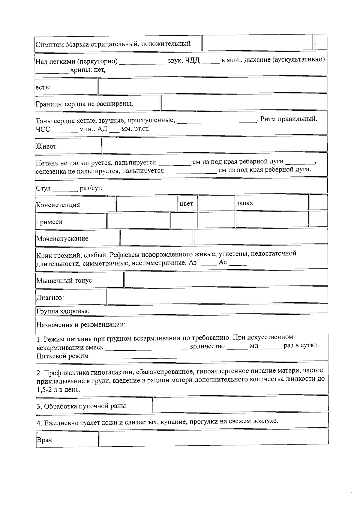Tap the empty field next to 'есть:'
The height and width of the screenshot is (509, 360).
[212, 85]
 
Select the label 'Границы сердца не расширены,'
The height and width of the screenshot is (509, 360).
[84, 104]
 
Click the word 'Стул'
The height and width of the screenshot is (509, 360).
[43, 189]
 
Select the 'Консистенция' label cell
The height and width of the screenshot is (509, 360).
[58, 205]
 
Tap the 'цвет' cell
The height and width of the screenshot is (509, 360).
[186, 204]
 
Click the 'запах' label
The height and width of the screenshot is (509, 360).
[244, 203]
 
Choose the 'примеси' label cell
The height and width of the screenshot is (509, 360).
[49, 222]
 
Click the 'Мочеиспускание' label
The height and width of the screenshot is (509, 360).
[62, 239]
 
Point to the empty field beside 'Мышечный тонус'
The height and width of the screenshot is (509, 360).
[226, 279]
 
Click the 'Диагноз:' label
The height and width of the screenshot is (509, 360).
[50, 298]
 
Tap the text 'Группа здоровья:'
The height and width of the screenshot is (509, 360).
[63, 311]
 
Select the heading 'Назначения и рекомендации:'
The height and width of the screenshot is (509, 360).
[81, 325]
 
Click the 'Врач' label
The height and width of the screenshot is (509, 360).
[44, 440]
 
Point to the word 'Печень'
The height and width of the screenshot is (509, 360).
[46, 163]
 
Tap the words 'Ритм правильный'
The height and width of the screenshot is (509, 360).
[288, 119]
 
